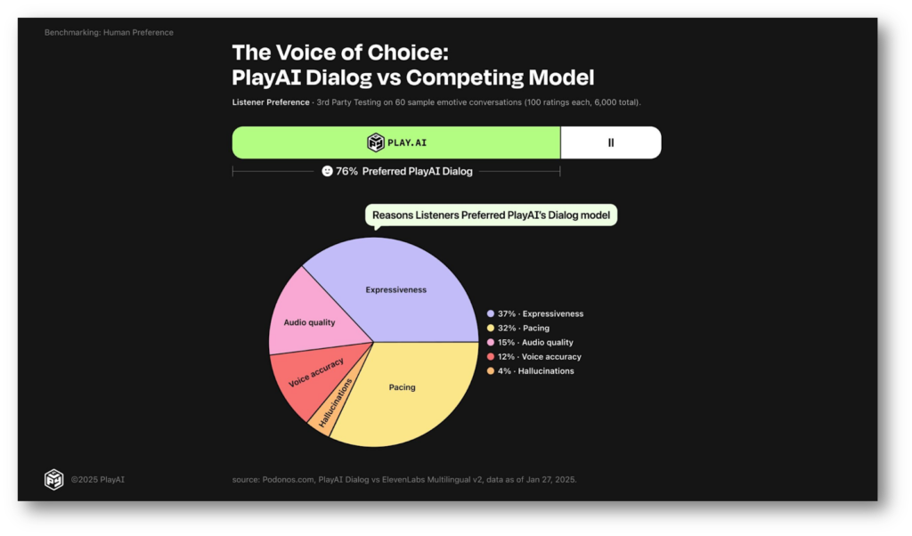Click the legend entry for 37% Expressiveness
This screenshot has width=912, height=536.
click(535, 314)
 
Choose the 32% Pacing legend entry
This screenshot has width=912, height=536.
click(518, 328)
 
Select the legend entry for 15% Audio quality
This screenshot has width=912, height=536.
click(530, 343)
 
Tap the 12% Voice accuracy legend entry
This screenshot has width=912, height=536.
click(534, 357)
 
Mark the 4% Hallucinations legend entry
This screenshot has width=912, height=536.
click(531, 371)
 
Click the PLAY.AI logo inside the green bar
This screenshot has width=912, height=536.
click(396, 142)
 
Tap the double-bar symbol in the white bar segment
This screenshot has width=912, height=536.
click(611, 142)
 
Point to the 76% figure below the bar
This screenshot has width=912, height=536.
click(346, 172)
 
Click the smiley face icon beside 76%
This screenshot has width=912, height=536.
click(328, 171)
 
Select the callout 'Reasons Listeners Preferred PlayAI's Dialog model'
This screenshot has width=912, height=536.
click(491, 215)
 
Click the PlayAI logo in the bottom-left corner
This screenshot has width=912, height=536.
click(54, 480)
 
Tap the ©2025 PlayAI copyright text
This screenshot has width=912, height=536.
click(98, 480)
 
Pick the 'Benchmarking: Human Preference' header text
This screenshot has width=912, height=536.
click(109, 33)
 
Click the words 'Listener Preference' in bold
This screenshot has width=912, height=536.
click(271, 102)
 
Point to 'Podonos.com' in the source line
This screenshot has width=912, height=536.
click(288, 480)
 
